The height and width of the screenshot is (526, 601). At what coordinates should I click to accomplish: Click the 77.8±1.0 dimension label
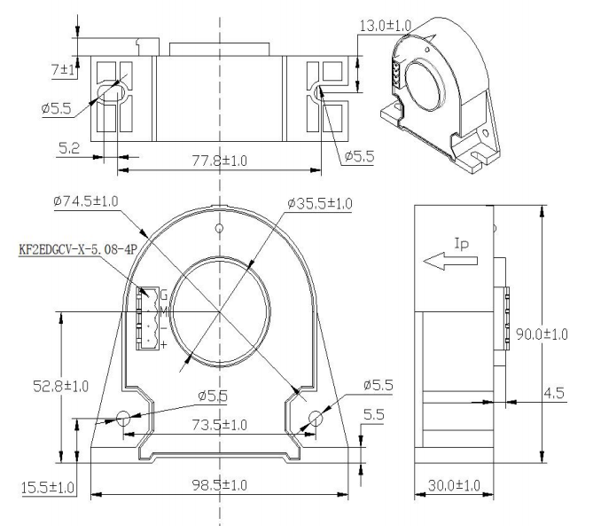(220, 161)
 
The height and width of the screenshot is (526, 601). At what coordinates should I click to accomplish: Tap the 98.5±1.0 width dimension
(220, 485)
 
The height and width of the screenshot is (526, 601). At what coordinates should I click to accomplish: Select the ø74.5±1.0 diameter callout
(86, 201)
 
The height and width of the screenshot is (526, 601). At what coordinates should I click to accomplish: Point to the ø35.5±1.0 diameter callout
(320, 203)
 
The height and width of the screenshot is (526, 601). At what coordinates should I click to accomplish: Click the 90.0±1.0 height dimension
(542, 334)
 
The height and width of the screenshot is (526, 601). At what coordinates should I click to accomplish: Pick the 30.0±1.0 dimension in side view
(454, 486)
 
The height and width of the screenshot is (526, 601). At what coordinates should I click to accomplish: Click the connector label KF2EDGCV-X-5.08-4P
(78, 249)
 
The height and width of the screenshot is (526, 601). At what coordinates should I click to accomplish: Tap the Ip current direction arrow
(450, 261)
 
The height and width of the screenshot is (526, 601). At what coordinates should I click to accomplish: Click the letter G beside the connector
(164, 295)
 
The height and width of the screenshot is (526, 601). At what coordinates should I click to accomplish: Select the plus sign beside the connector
(164, 344)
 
